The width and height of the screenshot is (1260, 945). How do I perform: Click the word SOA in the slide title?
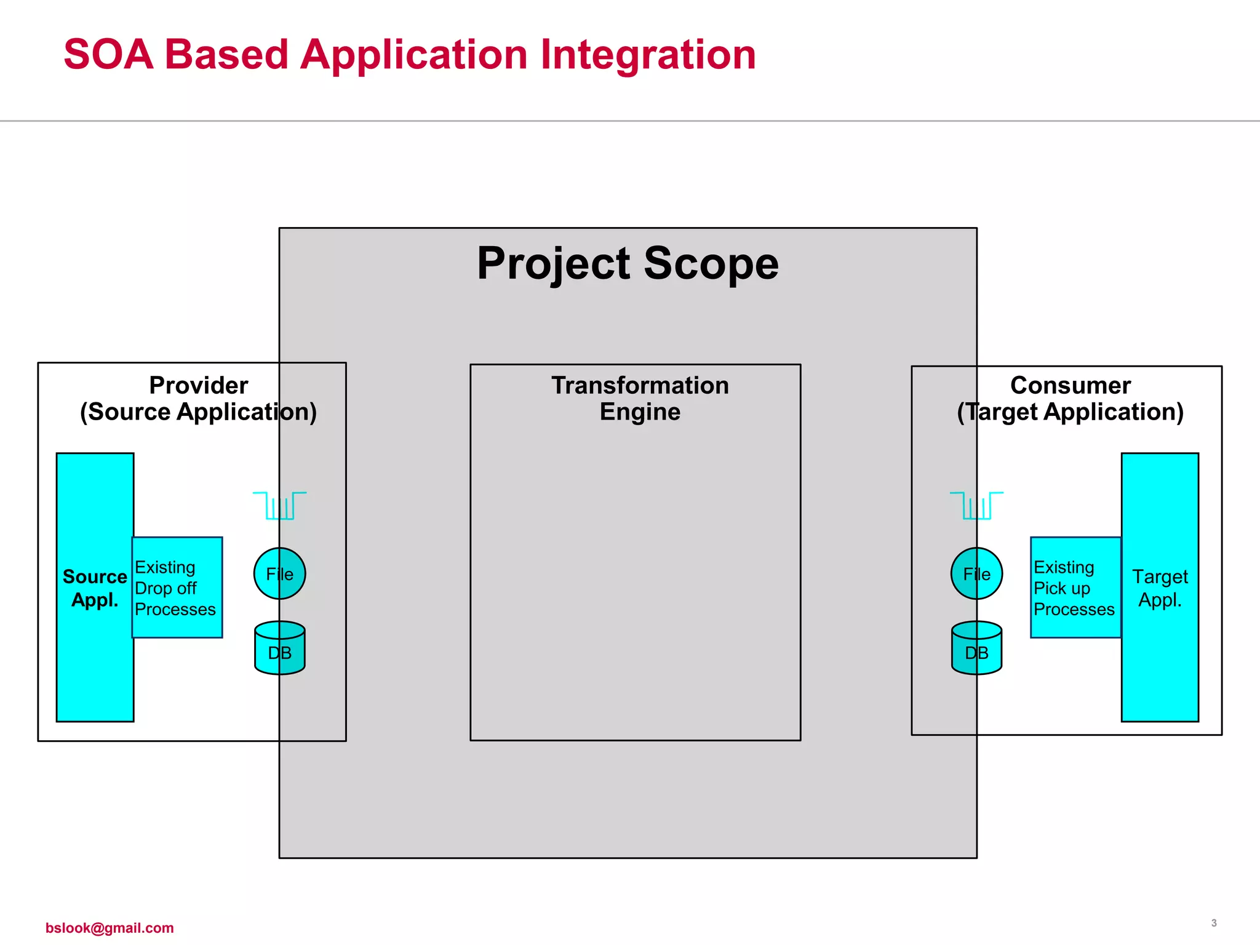click(x=108, y=55)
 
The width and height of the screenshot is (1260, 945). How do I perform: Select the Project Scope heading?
click(x=628, y=263)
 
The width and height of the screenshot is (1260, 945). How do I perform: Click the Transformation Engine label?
click(x=640, y=398)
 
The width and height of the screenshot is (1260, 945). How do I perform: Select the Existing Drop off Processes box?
click(x=177, y=588)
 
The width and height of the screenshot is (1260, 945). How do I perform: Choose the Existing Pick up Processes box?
click(x=1075, y=588)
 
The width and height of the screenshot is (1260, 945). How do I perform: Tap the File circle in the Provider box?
click(x=280, y=573)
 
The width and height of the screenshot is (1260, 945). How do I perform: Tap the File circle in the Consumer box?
click(x=976, y=573)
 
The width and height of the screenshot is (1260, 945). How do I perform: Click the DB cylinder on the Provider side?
click(x=280, y=648)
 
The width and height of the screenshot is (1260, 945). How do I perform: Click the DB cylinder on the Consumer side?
click(x=976, y=648)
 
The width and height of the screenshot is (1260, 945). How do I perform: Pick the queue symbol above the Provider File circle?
click(x=280, y=506)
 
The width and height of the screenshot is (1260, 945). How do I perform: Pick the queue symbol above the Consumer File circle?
click(x=976, y=506)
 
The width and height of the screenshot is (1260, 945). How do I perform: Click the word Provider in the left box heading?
click(x=198, y=385)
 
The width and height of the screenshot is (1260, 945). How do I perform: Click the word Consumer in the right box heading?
click(x=1070, y=385)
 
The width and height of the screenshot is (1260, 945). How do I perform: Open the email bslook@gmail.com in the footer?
click(x=110, y=928)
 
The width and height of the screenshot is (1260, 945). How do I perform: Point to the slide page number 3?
click(x=1213, y=923)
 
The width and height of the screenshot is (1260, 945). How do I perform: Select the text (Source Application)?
click(x=198, y=412)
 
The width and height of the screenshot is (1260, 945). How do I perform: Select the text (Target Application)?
click(x=1070, y=412)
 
